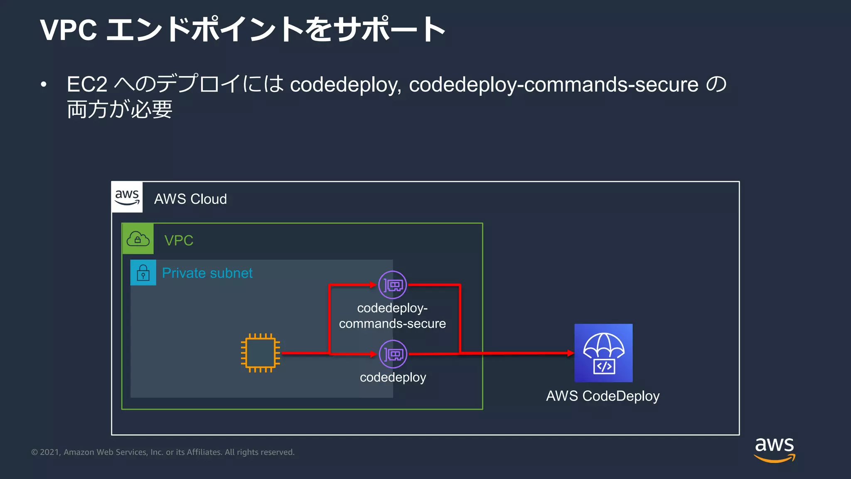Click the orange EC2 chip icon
[261, 353]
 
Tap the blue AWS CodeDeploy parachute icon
[603, 353]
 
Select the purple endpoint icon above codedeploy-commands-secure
[393, 285]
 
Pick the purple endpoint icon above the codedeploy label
[393, 354]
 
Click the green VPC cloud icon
[138, 239]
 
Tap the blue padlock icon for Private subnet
[143, 273]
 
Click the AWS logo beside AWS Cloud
[127, 197]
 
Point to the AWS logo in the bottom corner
[775, 449]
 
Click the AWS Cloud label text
[190, 199]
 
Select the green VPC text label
[179, 240]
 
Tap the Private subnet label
[207, 273]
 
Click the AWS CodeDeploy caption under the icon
[603, 396]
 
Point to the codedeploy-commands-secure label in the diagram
[392, 316]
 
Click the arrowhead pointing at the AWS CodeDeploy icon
[571, 353]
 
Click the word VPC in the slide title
[69, 30]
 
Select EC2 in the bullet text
[87, 84]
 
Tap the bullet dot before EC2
[44, 85]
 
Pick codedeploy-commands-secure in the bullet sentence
[553, 85]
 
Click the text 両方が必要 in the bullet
[120, 110]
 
